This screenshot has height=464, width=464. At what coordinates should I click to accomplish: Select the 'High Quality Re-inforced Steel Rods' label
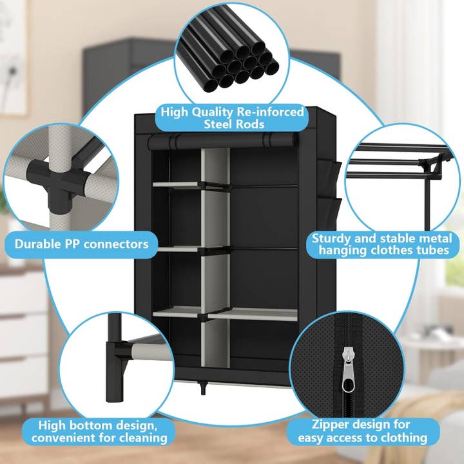[232, 118]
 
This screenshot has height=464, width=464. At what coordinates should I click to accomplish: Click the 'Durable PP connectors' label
[82, 244]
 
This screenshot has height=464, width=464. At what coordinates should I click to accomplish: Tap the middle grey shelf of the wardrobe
[175, 249]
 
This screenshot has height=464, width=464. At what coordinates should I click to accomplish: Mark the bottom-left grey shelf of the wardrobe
[175, 314]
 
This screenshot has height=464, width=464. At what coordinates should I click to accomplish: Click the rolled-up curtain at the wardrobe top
[222, 140]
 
